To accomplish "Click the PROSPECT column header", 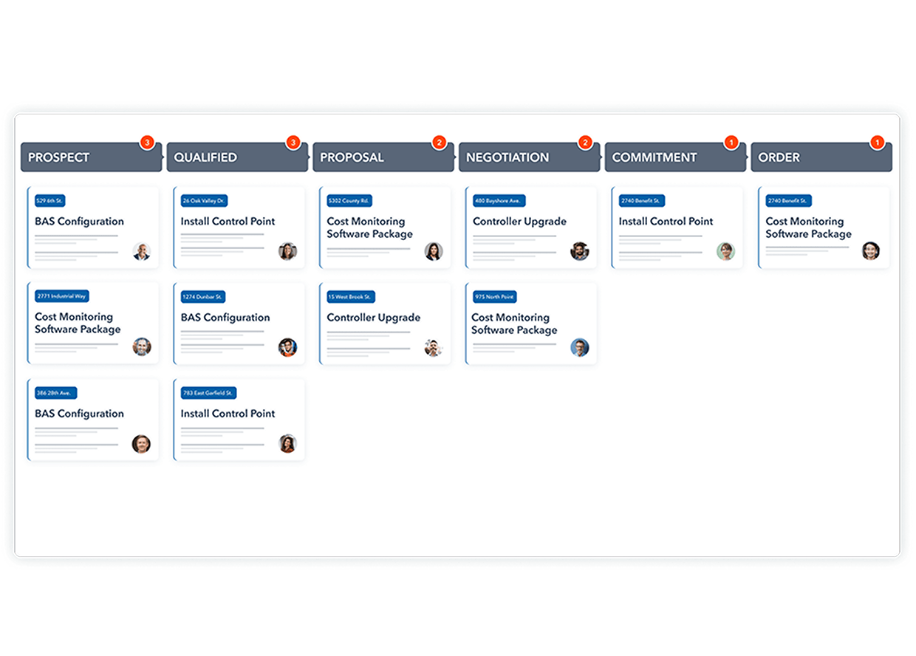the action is tap(91, 157).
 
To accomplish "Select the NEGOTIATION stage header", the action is tap(529, 157).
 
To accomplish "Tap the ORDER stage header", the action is tap(821, 157).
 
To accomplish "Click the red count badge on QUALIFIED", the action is tap(293, 143).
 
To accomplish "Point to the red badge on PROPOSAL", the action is tap(440, 143).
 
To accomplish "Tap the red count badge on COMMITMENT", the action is tap(731, 143).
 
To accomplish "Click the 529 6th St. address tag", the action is tap(50, 201).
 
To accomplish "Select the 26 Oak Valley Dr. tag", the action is tap(204, 201).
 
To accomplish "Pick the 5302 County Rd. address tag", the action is tap(349, 201).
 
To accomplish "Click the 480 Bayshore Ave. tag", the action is tap(499, 201).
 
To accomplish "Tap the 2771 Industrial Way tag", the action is tap(62, 296).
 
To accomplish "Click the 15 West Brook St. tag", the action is tap(351, 297).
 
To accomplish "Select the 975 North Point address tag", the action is tap(495, 297).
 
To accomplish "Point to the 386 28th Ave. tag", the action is tap(55, 393).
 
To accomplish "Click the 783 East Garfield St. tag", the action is tap(208, 393).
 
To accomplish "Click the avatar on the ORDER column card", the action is tap(871, 250).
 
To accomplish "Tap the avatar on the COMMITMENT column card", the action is tap(726, 251).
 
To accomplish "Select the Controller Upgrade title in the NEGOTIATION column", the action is tap(519, 222).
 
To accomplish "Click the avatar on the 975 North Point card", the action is tap(580, 348).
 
